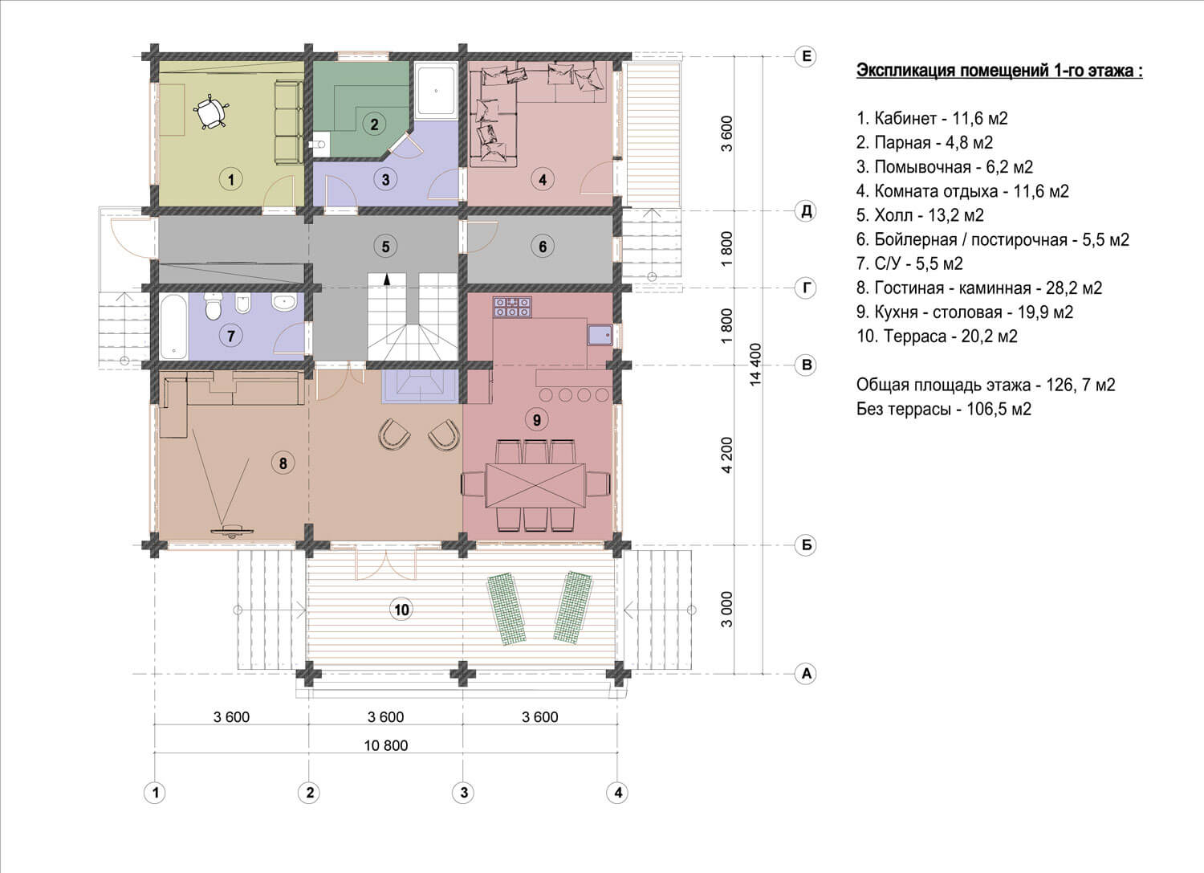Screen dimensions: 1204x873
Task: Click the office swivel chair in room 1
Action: pyautogui.click(x=209, y=112)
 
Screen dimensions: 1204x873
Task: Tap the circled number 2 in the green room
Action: pyautogui.click(x=374, y=124)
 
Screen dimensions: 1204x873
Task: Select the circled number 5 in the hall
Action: pyautogui.click(x=385, y=247)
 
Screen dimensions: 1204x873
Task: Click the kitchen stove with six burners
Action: pyautogui.click(x=512, y=307)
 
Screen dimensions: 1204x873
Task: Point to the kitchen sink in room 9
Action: pyautogui.click(x=600, y=335)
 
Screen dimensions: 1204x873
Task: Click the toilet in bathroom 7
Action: pyautogui.click(x=214, y=306)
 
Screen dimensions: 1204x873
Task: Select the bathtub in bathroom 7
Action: pyautogui.click(x=173, y=326)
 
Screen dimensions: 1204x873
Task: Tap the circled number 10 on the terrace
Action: pyautogui.click(x=401, y=610)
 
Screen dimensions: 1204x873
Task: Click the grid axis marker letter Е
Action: pyautogui.click(x=806, y=56)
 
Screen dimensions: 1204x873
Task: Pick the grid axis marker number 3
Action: pyautogui.click(x=463, y=793)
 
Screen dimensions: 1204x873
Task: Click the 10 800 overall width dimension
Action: pyautogui.click(x=386, y=745)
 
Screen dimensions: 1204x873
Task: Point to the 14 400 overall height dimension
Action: pyautogui.click(x=755, y=365)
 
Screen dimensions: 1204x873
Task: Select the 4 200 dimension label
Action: pyautogui.click(x=726, y=455)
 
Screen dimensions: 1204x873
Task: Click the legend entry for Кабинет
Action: pyautogui.click(x=932, y=118)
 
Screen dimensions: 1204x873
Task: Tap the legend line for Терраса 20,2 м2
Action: pyautogui.click(x=937, y=337)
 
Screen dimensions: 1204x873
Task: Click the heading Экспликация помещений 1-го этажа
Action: pyautogui.click(x=999, y=71)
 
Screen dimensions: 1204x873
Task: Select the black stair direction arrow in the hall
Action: pyautogui.click(x=386, y=278)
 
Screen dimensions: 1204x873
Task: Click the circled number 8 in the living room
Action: pyautogui.click(x=283, y=463)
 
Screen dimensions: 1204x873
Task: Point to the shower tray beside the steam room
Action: pyautogui.click(x=436, y=91)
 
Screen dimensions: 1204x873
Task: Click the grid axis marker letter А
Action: pyautogui.click(x=806, y=674)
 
